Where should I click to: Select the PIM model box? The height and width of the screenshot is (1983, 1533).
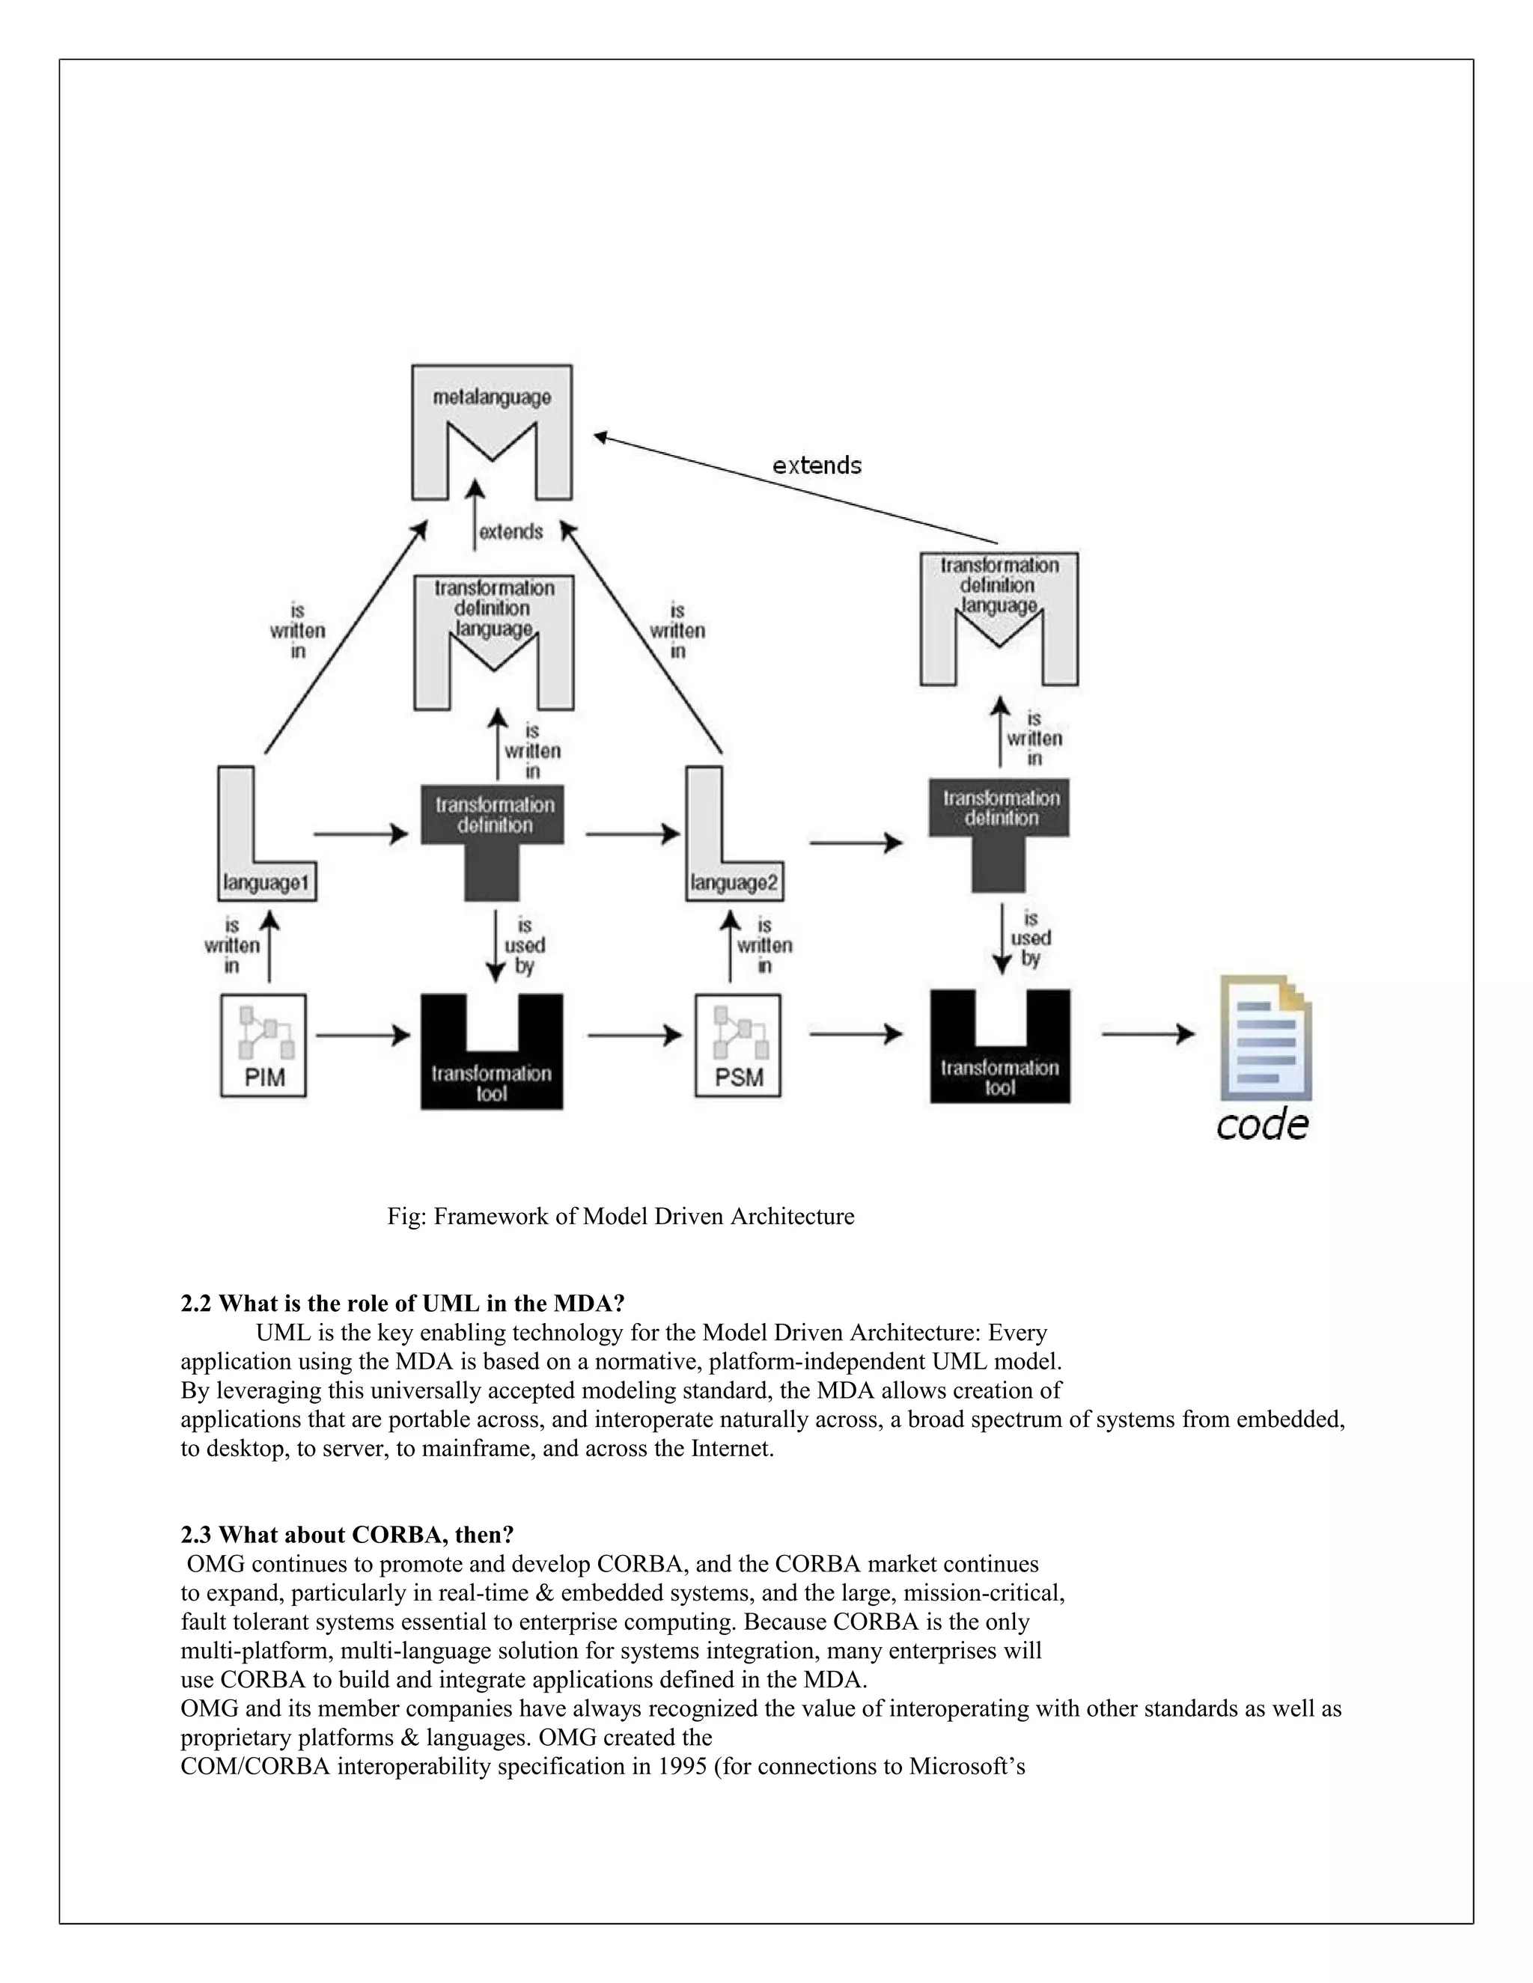pyautogui.click(x=263, y=1045)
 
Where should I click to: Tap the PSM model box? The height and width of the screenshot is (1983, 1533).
pyautogui.click(x=738, y=1045)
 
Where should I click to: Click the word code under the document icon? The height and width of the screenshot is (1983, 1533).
pyautogui.click(x=1261, y=1125)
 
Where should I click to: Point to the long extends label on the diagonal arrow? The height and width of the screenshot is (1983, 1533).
pyautogui.click(x=817, y=465)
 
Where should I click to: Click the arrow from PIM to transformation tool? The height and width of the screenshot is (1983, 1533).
pyautogui.click(x=362, y=1034)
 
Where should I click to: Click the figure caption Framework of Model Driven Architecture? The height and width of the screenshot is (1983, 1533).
pyautogui.click(x=621, y=1216)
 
